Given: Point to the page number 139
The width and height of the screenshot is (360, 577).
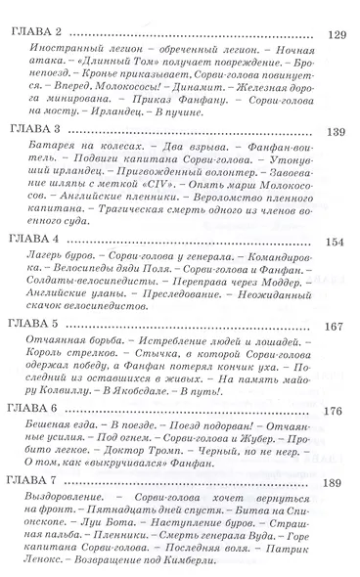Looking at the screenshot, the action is coord(337,129).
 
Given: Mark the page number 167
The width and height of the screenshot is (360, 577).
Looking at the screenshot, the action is coord(337,325).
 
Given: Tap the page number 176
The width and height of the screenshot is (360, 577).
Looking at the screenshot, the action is coord(337,411).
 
